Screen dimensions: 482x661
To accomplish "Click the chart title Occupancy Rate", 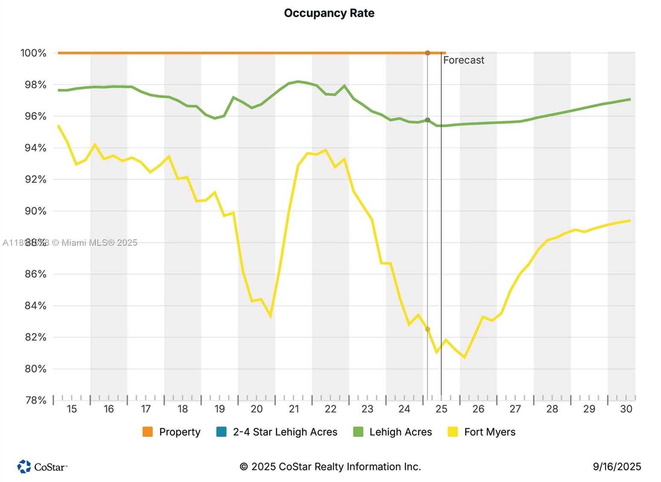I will click(x=329, y=13).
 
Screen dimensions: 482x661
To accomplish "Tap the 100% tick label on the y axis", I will click(x=33, y=53).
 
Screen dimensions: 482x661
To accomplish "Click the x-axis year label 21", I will click(x=294, y=409).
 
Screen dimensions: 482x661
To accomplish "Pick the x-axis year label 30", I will click(x=626, y=409).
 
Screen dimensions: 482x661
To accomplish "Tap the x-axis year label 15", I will click(x=72, y=409).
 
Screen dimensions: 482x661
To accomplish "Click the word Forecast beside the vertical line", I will click(x=464, y=60).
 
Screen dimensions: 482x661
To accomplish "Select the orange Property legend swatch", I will click(x=148, y=432).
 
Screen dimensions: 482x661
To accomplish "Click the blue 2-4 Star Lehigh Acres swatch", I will click(x=221, y=432).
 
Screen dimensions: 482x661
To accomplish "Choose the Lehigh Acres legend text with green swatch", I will click(x=400, y=432).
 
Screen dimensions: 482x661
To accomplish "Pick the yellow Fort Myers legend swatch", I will click(x=453, y=432).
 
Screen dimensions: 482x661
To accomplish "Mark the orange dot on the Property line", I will click(x=428, y=53).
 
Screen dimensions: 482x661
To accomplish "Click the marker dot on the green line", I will click(x=428, y=120).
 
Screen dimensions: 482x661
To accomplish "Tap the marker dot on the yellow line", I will click(x=428, y=329).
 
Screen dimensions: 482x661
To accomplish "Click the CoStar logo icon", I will click(x=24, y=466).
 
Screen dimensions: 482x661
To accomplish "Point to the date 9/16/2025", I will click(x=617, y=467).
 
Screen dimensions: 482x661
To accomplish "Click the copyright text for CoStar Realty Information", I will click(x=330, y=467).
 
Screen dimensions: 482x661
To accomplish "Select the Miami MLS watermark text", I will click(x=71, y=243).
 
